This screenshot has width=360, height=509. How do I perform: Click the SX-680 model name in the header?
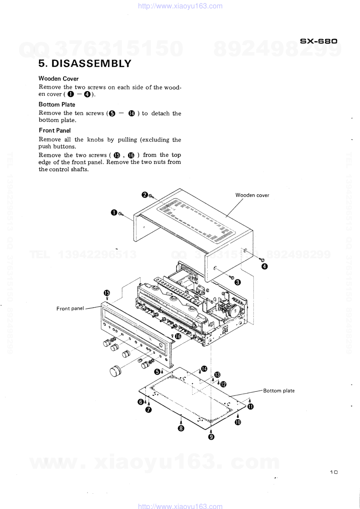pyautogui.click(x=319, y=41)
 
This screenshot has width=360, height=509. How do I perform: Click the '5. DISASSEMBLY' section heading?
pyautogui.click(x=85, y=63)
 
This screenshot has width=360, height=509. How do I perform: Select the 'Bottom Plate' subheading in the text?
pyautogui.click(x=57, y=104)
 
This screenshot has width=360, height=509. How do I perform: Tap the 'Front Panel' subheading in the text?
pyautogui.click(x=55, y=131)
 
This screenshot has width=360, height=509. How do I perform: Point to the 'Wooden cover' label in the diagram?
pyautogui.click(x=252, y=195)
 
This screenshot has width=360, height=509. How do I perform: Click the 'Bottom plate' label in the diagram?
pyautogui.click(x=279, y=391)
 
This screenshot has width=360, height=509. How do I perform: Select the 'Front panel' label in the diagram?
pyautogui.click(x=70, y=308)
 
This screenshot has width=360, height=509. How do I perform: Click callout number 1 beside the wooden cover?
pyautogui.click(x=114, y=213)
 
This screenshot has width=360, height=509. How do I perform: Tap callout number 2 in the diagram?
pyautogui.click(x=144, y=195)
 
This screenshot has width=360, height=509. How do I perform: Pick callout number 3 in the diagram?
pyautogui.click(x=238, y=283)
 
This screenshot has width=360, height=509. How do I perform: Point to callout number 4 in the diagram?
pyautogui.click(x=265, y=266)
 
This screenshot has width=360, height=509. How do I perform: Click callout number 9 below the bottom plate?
pyautogui.click(x=211, y=437)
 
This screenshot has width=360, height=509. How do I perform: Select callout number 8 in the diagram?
pyautogui.click(x=181, y=428)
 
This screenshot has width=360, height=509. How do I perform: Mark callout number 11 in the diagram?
pyautogui.click(x=250, y=407)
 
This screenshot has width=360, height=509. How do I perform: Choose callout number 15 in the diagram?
pyautogui.click(x=107, y=293)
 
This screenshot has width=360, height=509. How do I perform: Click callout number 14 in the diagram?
pyautogui.click(x=204, y=369)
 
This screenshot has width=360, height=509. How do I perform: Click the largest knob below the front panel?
pyautogui.click(x=115, y=371)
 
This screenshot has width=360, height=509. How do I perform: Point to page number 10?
pyautogui.click(x=334, y=472)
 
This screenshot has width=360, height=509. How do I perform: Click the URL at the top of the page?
pyautogui.click(x=180, y=6)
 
